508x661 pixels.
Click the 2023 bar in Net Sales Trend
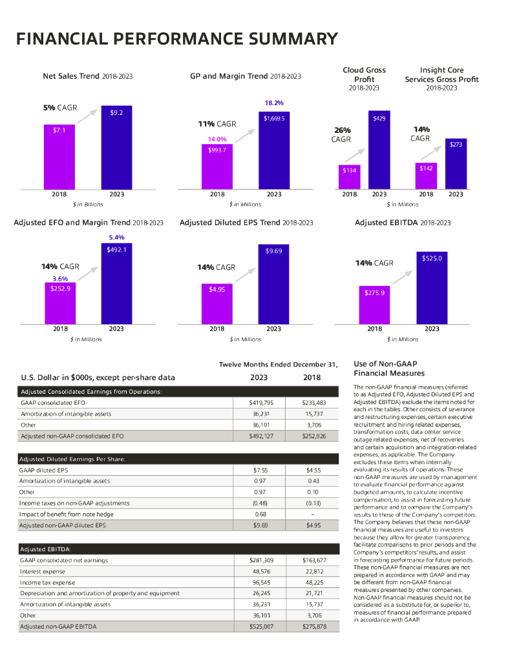point(116,147)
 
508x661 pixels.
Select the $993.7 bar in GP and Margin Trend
point(217,166)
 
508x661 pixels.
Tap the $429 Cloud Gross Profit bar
point(379,150)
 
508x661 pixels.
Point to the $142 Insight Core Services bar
point(426,175)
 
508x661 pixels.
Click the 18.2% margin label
point(274,103)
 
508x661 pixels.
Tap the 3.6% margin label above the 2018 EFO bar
point(60,279)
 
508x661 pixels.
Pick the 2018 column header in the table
point(312,378)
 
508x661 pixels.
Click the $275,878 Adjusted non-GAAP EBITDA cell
point(315,626)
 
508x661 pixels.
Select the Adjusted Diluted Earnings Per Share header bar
point(178,459)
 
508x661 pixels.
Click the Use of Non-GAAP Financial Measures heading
point(389,369)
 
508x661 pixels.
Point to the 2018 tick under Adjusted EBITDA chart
point(375,329)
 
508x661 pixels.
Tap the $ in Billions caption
point(88,204)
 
